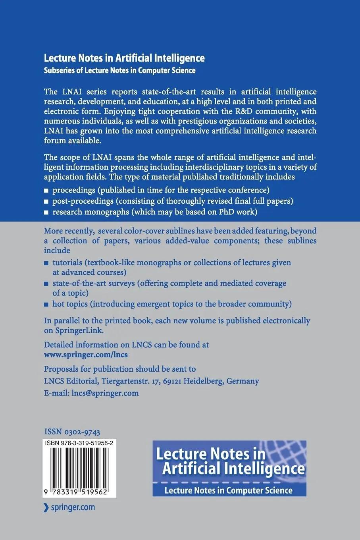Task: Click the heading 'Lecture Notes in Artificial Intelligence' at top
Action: click(124, 58)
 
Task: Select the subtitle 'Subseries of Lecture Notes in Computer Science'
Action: click(119, 71)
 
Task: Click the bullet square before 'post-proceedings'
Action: click(46, 202)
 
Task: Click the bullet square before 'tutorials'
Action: click(46, 263)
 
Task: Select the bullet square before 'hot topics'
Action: click(46, 305)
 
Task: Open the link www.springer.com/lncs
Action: click(86, 354)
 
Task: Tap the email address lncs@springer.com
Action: click(105, 393)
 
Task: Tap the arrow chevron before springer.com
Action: click(46, 507)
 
